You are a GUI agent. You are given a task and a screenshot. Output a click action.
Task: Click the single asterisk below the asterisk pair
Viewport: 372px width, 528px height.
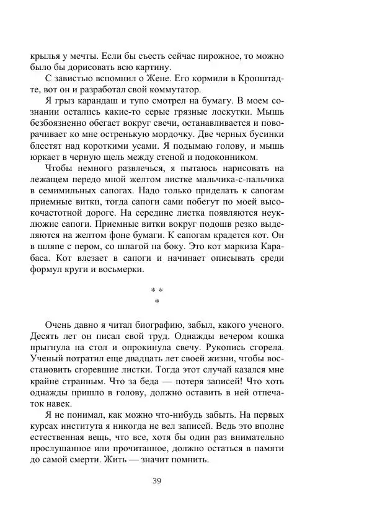point(157,302)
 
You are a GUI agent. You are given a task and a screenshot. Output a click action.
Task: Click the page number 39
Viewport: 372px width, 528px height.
point(157,481)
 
